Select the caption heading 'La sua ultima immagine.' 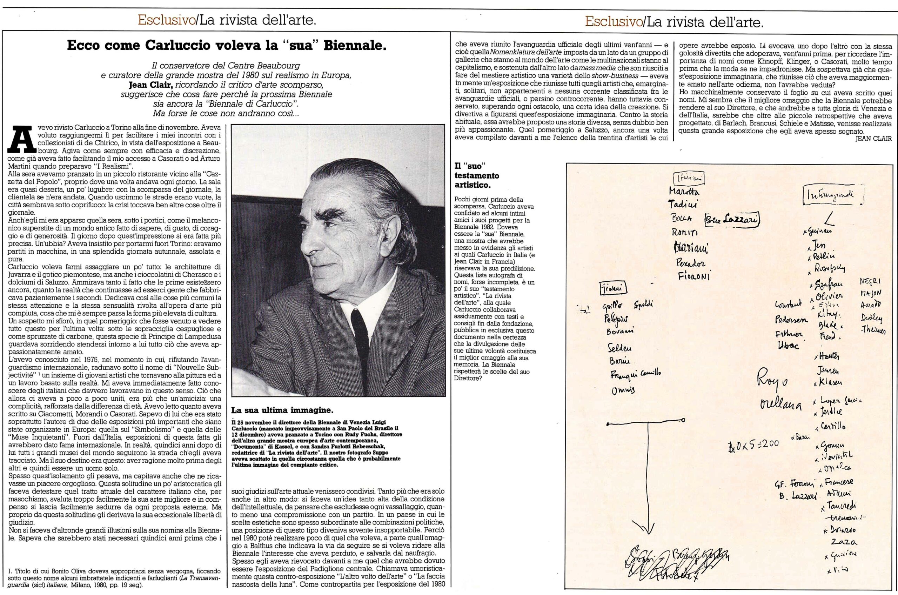point(282,410)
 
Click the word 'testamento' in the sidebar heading point(477,176)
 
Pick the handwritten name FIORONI point(694,276)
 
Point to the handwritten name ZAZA point(840,543)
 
